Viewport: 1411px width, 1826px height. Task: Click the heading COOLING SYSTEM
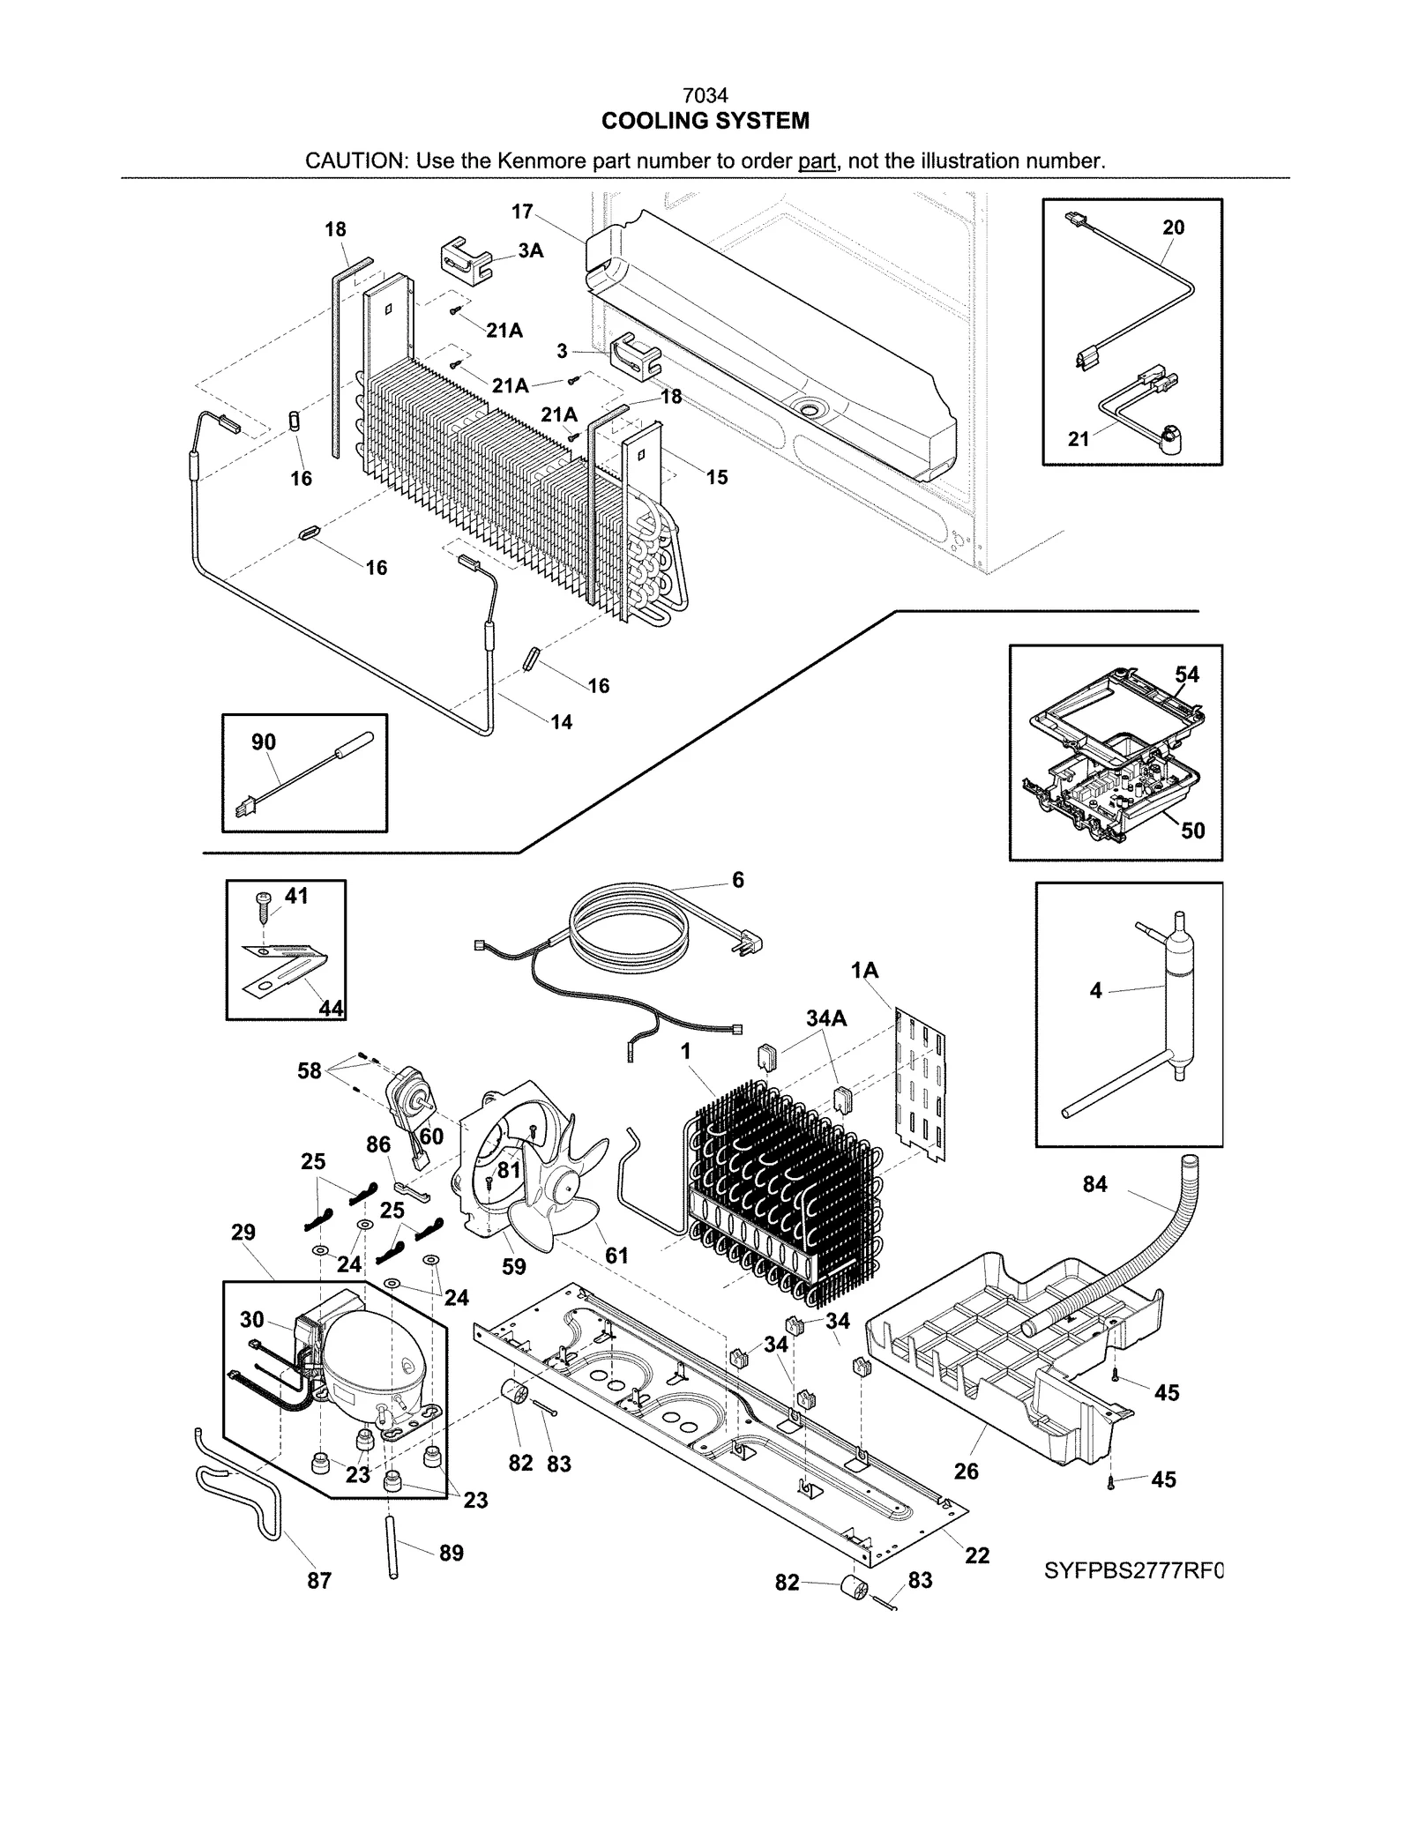click(705, 121)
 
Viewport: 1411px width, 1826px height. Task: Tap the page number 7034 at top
click(705, 95)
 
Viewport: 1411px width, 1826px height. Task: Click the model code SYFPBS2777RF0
click(1134, 1570)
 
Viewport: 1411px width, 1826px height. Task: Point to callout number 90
click(264, 742)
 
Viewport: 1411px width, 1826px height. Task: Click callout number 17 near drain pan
click(522, 212)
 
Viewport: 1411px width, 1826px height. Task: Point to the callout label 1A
click(864, 971)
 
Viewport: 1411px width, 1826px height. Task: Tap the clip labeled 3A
click(465, 259)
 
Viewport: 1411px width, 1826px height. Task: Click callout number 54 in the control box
click(1187, 675)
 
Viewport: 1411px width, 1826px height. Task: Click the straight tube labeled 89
click(391, 1547)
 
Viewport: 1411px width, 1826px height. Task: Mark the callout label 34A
click(826, 1018)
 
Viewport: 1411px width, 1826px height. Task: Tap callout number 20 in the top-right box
click(1173, 227)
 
